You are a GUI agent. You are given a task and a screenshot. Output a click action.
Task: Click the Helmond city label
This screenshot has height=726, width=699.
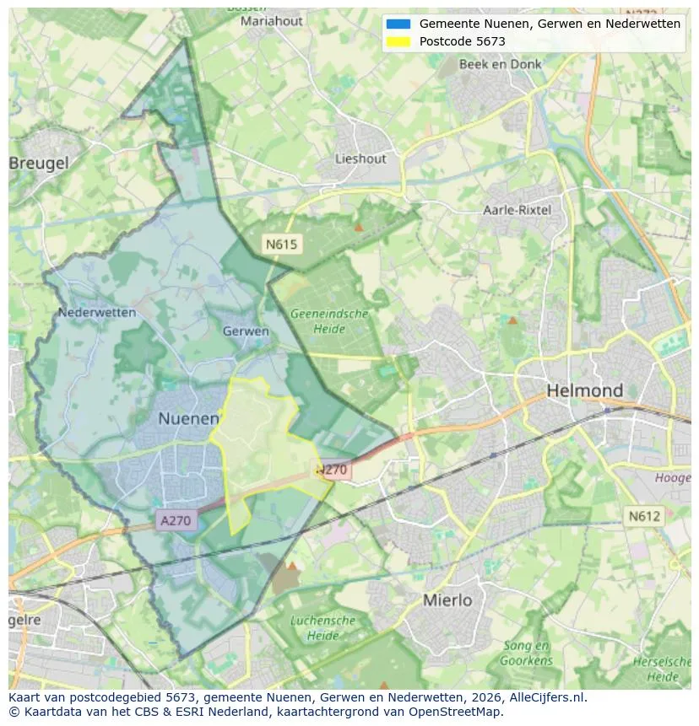(x=585, y=391)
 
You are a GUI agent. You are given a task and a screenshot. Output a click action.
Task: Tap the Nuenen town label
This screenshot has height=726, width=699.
(x=188, y=419)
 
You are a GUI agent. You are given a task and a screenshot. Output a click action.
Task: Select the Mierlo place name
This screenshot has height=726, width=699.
(x=447, y=600)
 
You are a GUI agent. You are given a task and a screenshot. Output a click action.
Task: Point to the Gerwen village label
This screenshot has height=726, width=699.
(x=246, y=331)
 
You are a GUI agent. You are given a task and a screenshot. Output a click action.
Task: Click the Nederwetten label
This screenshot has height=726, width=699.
(x=97, y=313)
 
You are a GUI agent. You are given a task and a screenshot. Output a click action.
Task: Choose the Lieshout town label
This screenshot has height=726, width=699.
(x=360, y=159)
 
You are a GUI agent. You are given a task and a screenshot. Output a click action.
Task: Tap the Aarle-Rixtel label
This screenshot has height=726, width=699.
(x=517, y=210)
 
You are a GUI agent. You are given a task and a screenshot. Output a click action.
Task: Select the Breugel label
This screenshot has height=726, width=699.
(x=39, y=164)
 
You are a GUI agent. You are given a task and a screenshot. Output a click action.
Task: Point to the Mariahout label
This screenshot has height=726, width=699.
(x=272, y=21)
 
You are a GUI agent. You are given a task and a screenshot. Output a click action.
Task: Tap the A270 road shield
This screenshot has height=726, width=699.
(x=176, y=520)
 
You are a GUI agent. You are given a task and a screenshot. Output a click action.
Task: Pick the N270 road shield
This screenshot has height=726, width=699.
(x=333, y=471)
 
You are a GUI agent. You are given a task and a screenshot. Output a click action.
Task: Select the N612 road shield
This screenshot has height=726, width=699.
(x=643, y=515)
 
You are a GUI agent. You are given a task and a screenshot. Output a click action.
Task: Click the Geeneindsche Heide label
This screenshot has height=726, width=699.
(x=329, y=321)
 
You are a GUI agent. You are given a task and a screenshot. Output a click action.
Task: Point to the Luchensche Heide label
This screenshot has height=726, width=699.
(x=322, y=627)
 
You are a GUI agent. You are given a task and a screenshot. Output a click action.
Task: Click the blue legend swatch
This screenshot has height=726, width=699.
(x=398, y=24)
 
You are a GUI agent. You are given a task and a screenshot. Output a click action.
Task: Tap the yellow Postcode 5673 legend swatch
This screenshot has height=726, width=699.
(x=398, y=41)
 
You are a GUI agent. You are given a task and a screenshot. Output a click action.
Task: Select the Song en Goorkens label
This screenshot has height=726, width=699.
(x=526, y=653)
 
